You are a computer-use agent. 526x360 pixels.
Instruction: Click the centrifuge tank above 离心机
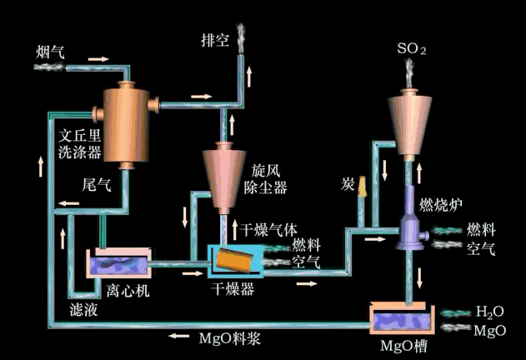(121, 265)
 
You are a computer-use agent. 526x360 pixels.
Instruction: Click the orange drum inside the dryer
(234, 260)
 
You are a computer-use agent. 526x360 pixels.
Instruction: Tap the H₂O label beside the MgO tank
(490, 312)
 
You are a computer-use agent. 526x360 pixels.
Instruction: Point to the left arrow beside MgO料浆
(176, 337)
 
